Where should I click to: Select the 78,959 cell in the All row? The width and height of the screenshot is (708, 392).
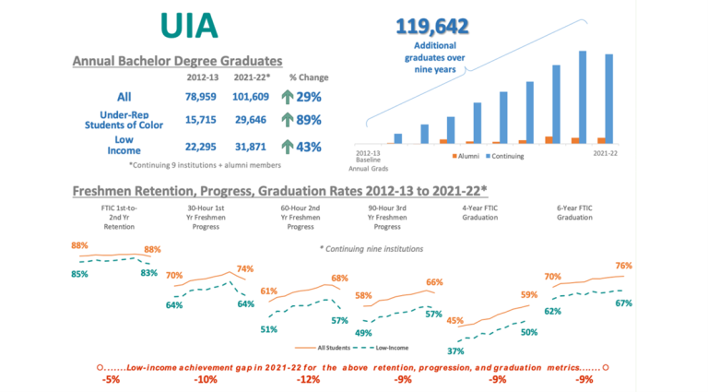(x=202, y=97)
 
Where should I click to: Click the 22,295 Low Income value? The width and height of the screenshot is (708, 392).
(x=202, y=146)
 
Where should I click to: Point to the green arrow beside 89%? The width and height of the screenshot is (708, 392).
(x=288, y=120)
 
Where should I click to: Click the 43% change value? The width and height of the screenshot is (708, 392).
(x=309, y=146)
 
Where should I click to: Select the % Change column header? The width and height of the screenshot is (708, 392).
(x=309, y=77)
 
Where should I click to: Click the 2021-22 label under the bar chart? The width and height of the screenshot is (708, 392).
(x=606, y=152)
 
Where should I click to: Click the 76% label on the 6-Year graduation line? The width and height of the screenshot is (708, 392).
(x=623, y=266)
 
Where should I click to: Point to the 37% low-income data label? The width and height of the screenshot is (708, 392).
(x=455, y=351)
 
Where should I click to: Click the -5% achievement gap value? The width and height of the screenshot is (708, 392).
(x=112, y=380)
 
